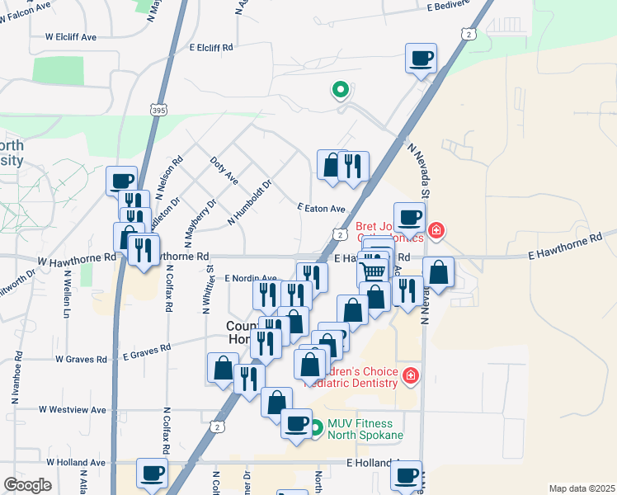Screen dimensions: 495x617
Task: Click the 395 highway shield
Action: [x=160, y=110]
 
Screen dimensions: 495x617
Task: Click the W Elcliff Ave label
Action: [x=71, y=37]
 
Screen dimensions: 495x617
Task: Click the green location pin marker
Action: [x=339, y=89]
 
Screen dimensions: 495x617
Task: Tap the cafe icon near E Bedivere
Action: [x=421, y=59]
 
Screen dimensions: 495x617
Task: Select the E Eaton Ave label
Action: [x=322, y=209]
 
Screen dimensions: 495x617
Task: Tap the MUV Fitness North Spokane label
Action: [x=365, y=429]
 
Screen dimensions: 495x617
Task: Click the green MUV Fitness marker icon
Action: [x=316, y=428]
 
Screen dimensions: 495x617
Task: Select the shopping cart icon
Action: [x=373, y=270]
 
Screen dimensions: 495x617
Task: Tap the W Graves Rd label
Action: [x=81, y=359]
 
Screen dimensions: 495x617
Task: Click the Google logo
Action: [x=27, y=485]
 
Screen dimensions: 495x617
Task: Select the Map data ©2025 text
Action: [x=581, y=488]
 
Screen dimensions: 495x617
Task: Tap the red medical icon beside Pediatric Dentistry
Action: [x=410, y=378]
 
